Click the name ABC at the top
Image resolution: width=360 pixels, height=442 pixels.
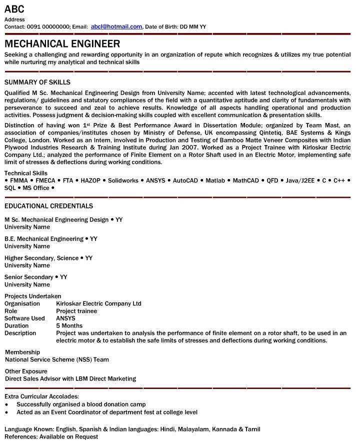pos(14,9)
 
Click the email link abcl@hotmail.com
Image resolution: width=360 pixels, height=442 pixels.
pos(116,26)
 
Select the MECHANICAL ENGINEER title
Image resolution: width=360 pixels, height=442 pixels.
pos(62,43)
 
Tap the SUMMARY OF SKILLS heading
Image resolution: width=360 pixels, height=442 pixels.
pos(37,82)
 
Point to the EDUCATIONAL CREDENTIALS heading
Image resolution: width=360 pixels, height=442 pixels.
pos(48,206)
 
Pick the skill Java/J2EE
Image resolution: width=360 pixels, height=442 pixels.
pos(300,180)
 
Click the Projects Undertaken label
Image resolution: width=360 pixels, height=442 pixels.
pos(33,296)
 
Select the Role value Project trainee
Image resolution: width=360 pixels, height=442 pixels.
pos(76,311)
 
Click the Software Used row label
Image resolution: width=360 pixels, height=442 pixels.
pos(24,318)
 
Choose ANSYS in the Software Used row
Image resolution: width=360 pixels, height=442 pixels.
pos(66,318)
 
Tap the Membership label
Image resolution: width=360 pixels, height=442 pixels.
pos(22,352)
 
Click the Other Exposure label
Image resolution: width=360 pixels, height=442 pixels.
pos(26,371)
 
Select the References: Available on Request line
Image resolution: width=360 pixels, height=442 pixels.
pos(51,436)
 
